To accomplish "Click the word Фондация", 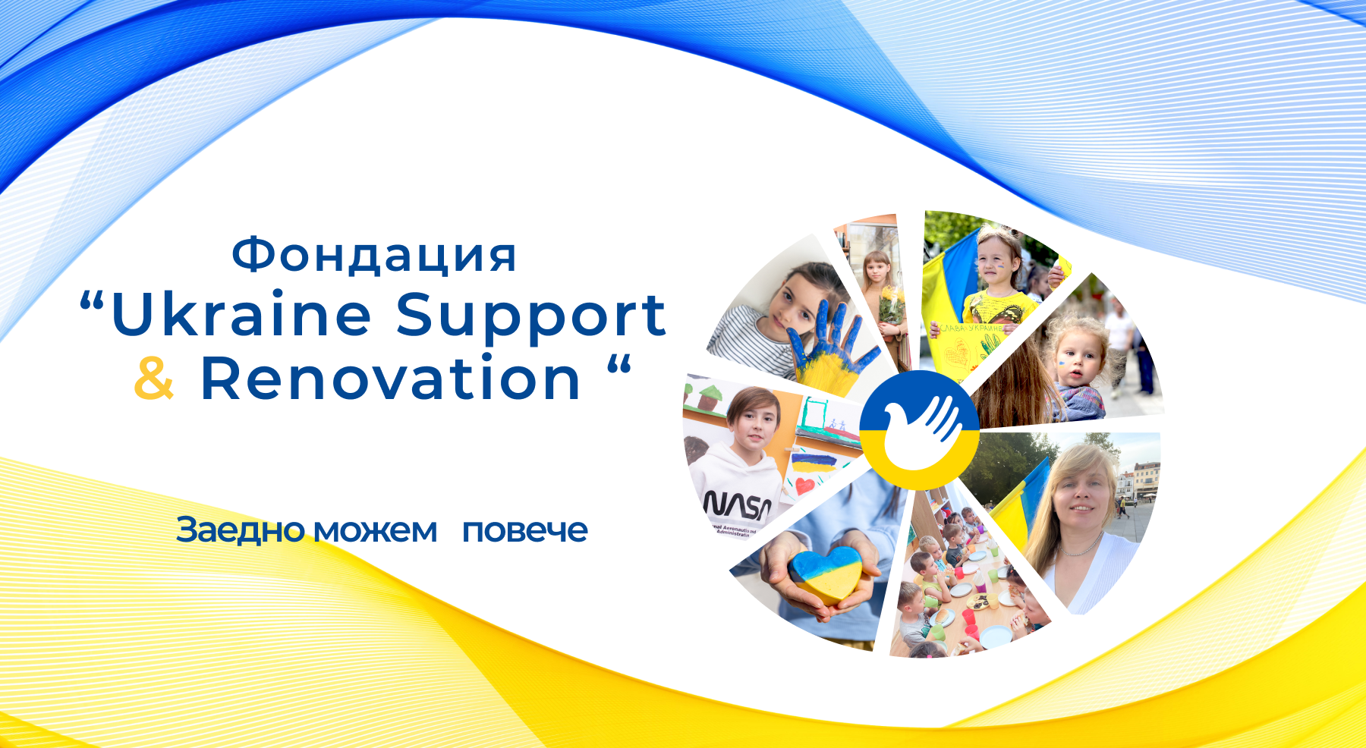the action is (x=374, y=256).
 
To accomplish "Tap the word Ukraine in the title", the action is (x=241, y=315).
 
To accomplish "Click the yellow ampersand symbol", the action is (x=154, y=378).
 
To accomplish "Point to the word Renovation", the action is (x=390, y=378).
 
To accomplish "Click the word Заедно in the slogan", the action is (x=241, y=530).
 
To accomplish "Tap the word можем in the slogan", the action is (x=376, y=531).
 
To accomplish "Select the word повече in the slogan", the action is (x=525, y=531).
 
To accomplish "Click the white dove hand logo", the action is (x=920, y=430).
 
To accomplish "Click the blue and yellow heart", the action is (x=825, y=574).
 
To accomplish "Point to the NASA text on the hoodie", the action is (x=737, y=504).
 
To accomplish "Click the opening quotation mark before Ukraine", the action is (x=91, y=302).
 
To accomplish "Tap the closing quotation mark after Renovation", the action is (x=619, y=364).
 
